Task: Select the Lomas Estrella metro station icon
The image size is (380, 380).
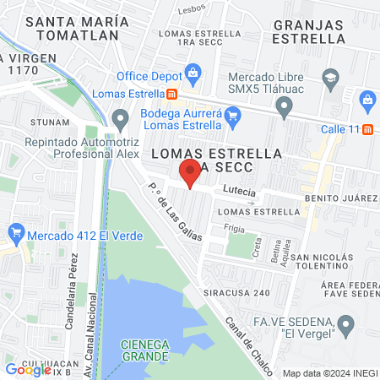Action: tap(172, 95)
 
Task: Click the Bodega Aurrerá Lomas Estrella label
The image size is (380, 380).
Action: tap(179, 118)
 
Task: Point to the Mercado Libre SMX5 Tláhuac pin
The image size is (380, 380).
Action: tap(284, 106)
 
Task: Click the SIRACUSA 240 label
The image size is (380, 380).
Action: tap(234, 292)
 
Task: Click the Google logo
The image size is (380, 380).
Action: tap(29, 369)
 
